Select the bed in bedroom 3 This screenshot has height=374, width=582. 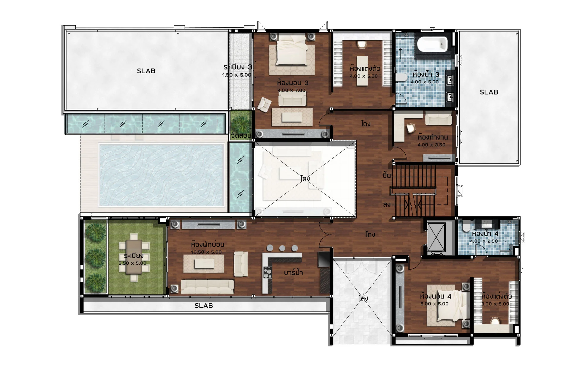pos(291,49)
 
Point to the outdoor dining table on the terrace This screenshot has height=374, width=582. pos(134,256)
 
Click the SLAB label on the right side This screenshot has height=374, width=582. pos(489,92)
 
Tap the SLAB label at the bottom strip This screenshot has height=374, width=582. pos(204,306)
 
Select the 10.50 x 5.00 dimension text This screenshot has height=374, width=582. pos(206,252)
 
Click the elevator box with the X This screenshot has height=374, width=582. pos(436,237)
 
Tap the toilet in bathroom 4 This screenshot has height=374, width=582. pos(466,227)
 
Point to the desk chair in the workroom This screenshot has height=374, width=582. pos(410,128)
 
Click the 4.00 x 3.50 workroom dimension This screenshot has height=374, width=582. pos(431,145)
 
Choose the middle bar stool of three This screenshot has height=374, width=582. pos(282,248)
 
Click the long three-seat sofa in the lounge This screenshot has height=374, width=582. pos(207,286)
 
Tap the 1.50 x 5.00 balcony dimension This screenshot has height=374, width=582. pos(237,75)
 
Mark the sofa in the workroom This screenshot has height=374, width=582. pos(438,119)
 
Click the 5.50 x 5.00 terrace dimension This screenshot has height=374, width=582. pos(132,263)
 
